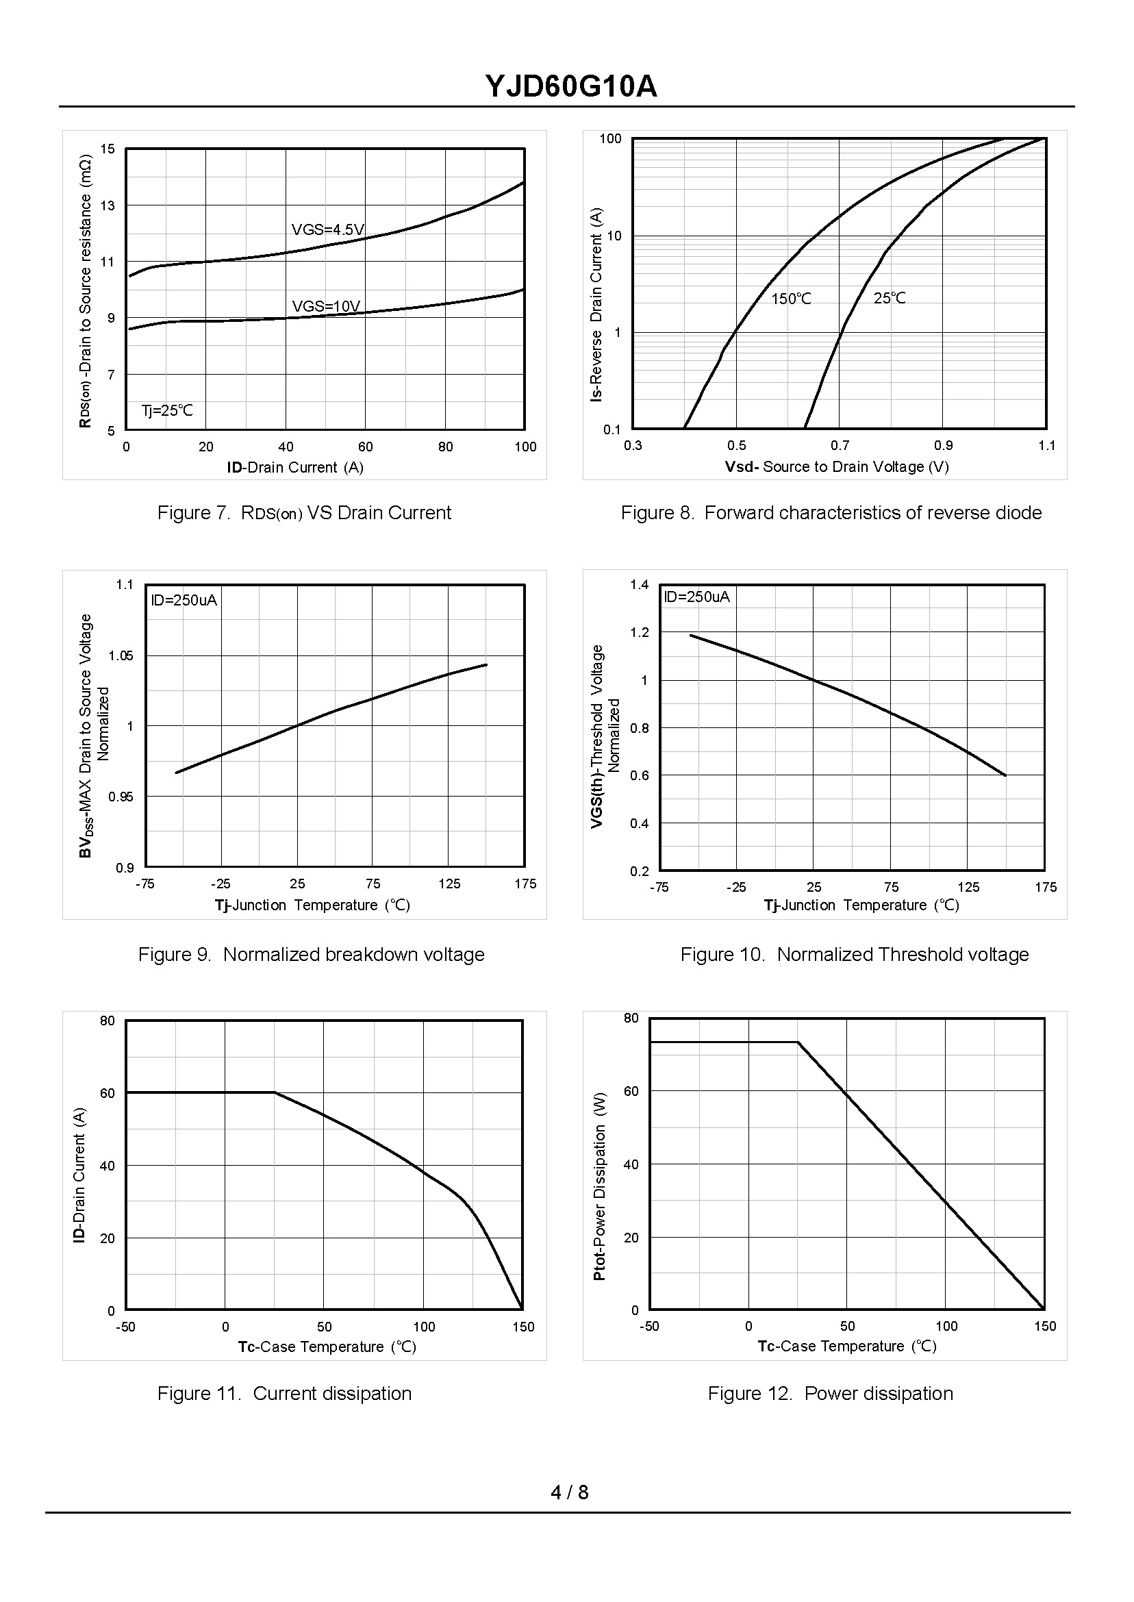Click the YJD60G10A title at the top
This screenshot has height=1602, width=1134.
[570, 87]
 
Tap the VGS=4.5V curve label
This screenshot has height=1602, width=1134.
[327, 229]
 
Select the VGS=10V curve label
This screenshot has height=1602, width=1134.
[326, 306]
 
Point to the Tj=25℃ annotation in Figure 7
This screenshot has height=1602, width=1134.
[167, 411]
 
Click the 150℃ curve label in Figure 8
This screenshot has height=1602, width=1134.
[791, 299]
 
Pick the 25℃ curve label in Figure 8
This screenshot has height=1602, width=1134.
[889, 298]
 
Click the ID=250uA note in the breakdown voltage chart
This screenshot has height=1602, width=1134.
[184, 601]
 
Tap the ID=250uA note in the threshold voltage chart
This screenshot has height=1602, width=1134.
[696, 597]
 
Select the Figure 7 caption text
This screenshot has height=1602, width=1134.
[304, 512]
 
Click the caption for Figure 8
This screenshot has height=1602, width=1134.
[831, 512]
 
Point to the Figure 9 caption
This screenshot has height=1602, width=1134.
[311, 954]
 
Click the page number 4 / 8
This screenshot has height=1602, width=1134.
[569, 1492]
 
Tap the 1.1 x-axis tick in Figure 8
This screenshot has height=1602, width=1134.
[1046, 446]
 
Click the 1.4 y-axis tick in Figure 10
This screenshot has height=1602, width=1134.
[639, 584]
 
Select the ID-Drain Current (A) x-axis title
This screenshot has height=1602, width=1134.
[294, 467]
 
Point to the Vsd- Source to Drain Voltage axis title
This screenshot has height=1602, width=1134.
[837, 466]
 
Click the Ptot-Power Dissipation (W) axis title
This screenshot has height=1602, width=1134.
[599, 1186]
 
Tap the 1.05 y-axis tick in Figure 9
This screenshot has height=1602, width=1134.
[120, 655]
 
